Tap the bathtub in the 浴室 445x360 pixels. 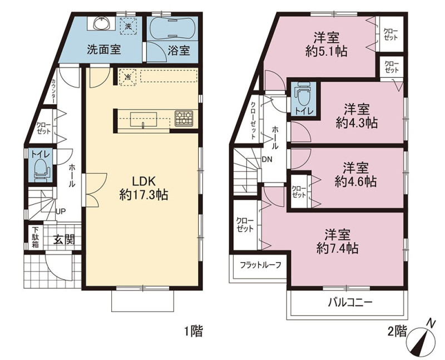click(x=172, y=27)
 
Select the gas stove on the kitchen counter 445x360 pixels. click(x=184, y=118)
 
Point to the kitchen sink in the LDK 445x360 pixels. click(x=144, y=119)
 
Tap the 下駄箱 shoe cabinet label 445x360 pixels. click(x=35, y=237)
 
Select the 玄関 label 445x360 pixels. click(x=64, y=240)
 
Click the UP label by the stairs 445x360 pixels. click(x=61, y=211)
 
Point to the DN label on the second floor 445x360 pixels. click(x=267, y=160)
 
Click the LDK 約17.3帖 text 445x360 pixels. click(x=144, y=188)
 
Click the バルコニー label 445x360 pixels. click(x=350, y=303)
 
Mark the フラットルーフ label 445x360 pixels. click(x=260, y=265)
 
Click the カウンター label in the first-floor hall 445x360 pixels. click(x=53, y=91)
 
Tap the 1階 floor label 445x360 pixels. click(x=194, y=331)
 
